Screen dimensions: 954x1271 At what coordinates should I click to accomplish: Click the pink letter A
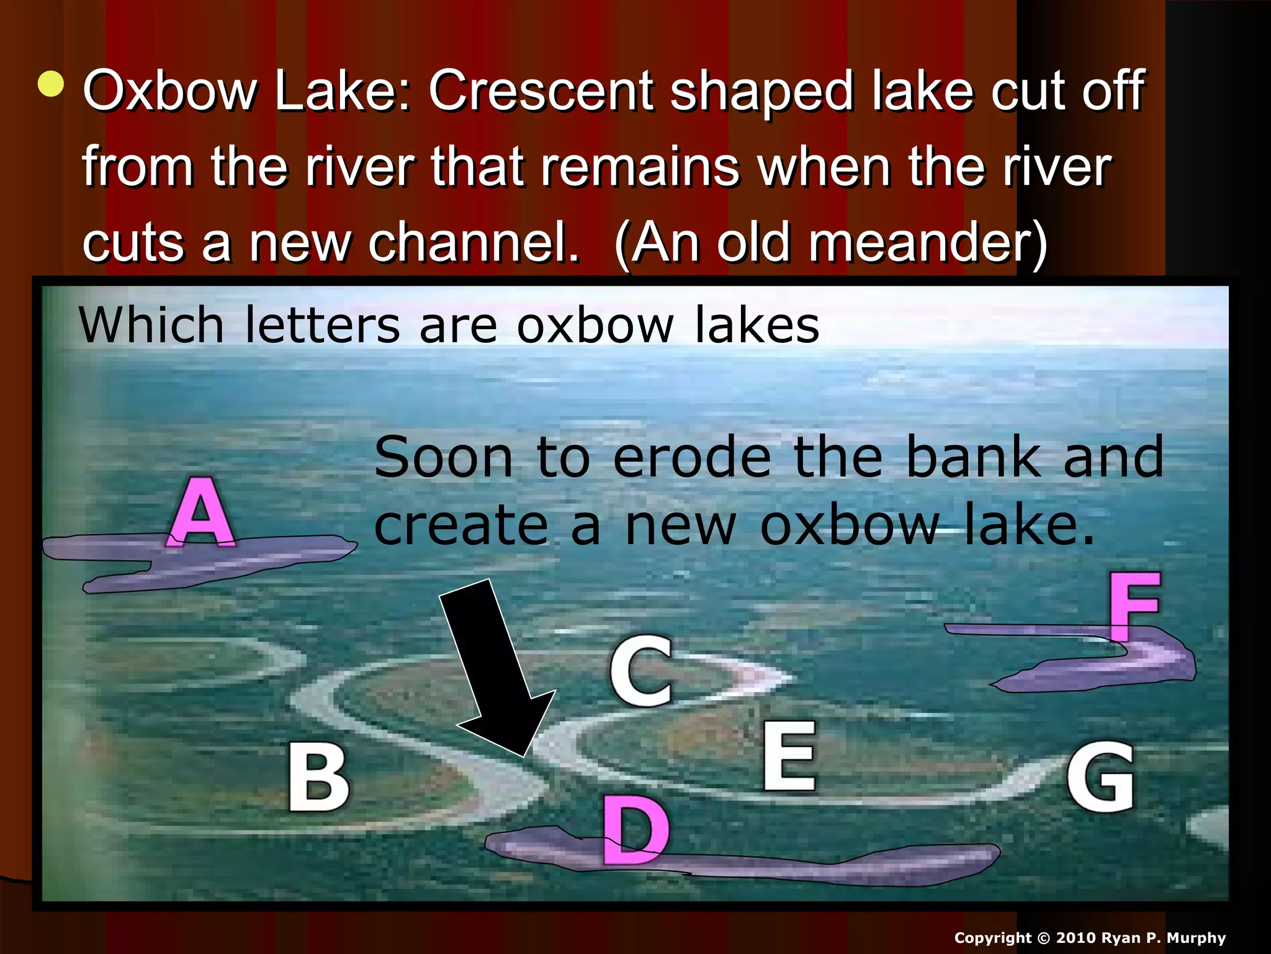pyautogui.click(x=201, y=513)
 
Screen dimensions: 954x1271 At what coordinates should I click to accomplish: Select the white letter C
pyautogui.click(x=641, y=671)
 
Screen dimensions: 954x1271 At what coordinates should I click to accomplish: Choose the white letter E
pyautogui.click(x=789, y=756)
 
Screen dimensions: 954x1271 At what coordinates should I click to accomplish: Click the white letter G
pyautogui.click(x=1101, y=777)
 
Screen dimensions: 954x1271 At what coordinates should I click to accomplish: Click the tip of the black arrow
pyautogui.click(x=524, y=755)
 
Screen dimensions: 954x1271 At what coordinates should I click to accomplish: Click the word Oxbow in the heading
pyautogui.click(x=169, y=91)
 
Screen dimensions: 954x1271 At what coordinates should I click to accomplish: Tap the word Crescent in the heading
pyautogui.click(x=540, y=91)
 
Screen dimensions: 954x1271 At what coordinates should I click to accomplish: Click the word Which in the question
pyautogui.click(x=151, y=325)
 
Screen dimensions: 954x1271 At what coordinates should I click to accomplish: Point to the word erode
pyautogui.click(x=693, y=458)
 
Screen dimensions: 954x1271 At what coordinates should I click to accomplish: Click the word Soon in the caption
pyautogui.click(x=444, y=458)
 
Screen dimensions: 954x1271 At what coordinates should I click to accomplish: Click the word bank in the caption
pyautogui.click(x=972, y=458)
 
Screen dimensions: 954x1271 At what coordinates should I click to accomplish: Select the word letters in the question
pyautogui.click(x=323, y=325)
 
